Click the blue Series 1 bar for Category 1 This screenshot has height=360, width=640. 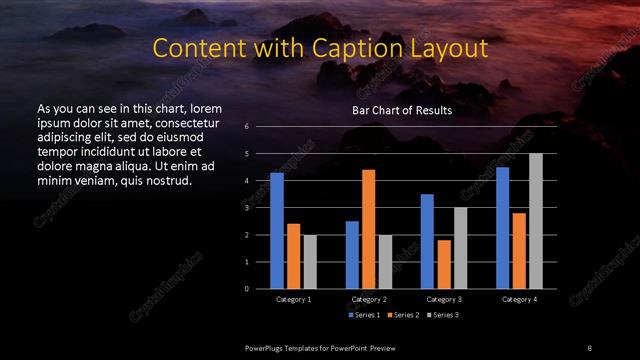coord(277,231)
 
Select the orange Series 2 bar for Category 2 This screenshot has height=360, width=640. coord(368,229)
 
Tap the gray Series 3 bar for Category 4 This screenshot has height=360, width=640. coord(536,221)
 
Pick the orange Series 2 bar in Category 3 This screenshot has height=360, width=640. coord(443,264)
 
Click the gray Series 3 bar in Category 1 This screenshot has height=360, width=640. coord(310,262)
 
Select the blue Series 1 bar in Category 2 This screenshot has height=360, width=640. coord(352,255)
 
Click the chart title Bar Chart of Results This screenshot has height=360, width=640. coord(402,110)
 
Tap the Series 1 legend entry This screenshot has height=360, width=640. coord(363,315)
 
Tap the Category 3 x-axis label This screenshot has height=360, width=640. coord(443,299)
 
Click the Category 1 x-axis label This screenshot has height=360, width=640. coord(293,299)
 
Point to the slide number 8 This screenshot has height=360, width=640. coord(589,346)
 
